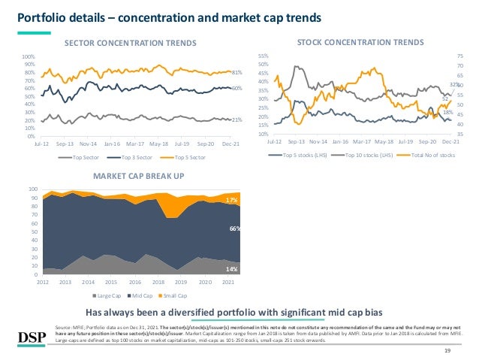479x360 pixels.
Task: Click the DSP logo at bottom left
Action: coord(28,334)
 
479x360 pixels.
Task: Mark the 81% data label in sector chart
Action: coord(236,73)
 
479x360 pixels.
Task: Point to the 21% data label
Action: coord(236,119)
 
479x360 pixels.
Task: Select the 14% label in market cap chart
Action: coord(233,269)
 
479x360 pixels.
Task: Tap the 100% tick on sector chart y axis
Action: coord(29,56)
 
